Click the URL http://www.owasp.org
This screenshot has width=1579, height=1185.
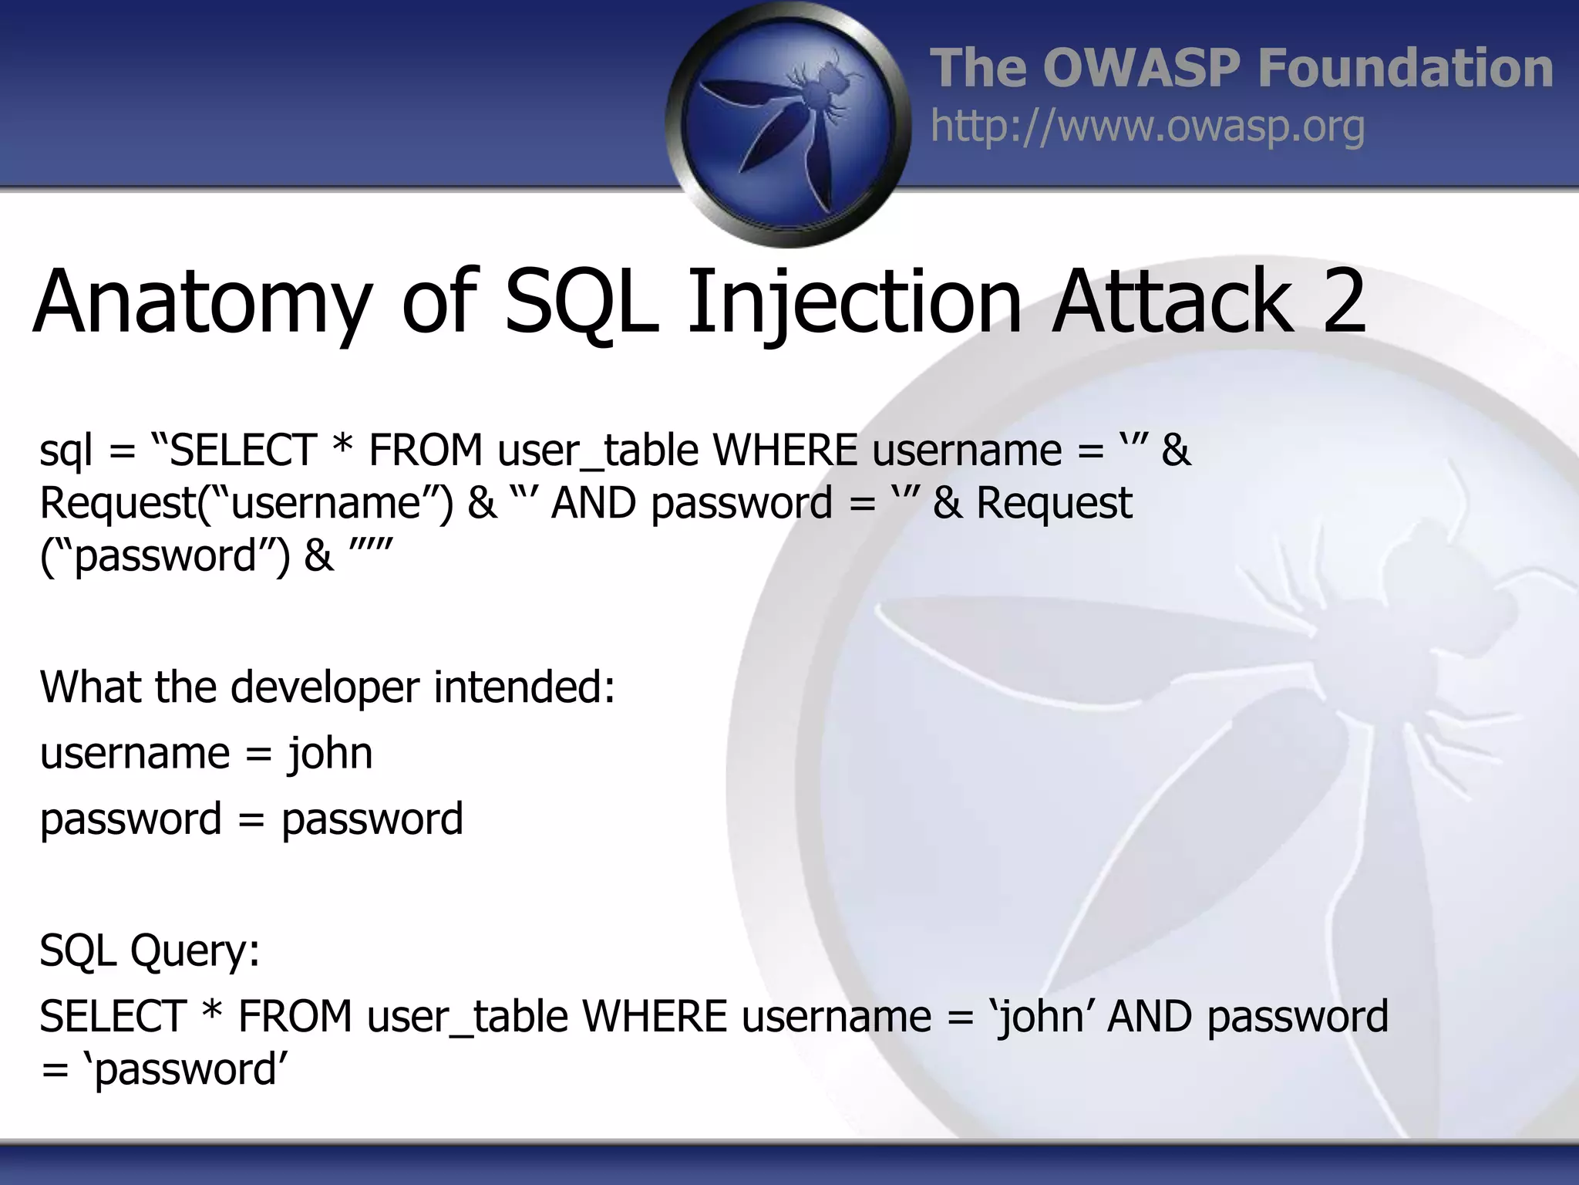1147,127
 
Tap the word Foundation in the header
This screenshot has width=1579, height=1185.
1405,68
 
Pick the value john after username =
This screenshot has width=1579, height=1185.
330,754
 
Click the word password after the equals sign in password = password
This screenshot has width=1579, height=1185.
372,820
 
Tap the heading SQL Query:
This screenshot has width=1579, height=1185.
150,950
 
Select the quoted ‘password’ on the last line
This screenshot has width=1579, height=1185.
185,1070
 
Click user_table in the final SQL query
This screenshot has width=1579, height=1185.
466,1017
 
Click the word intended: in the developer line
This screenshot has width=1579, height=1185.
524,687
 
